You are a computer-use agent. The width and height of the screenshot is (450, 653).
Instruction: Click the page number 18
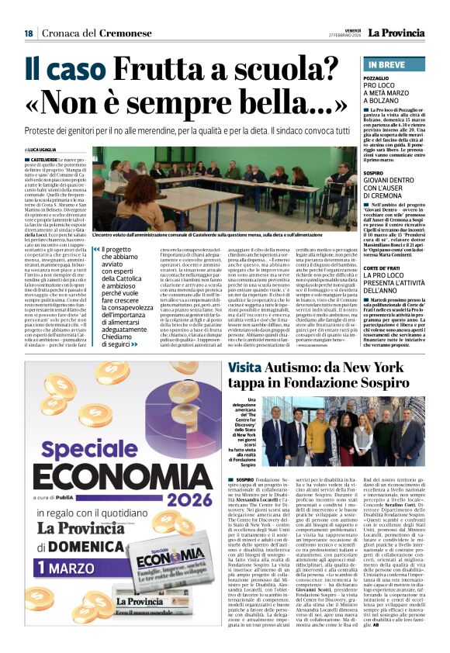pyautogui.click(x=29, y=33)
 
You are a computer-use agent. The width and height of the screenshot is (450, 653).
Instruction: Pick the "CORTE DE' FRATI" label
pyautogui.click(x=384, y=246)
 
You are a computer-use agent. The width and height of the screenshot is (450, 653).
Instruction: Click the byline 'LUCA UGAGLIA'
pyautogui.click(x=47, y=149)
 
